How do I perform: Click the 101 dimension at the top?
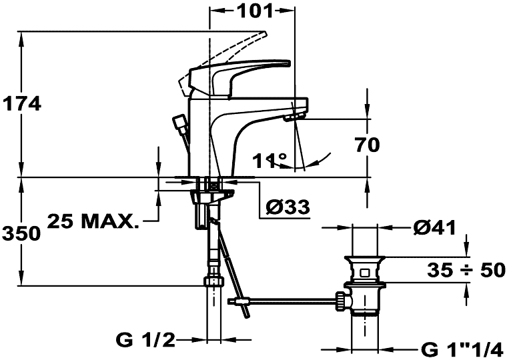pos(256,11)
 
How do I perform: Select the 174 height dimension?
pos(22,104)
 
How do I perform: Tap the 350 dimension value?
pos(21,233)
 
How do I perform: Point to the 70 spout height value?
pos(368,145)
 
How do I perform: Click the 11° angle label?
pos(270,160)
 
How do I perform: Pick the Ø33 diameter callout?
pos(288,207)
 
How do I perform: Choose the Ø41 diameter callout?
pos(434,228)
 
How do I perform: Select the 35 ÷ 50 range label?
pos(466,270)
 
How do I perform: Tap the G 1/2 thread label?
pos(145,340)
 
